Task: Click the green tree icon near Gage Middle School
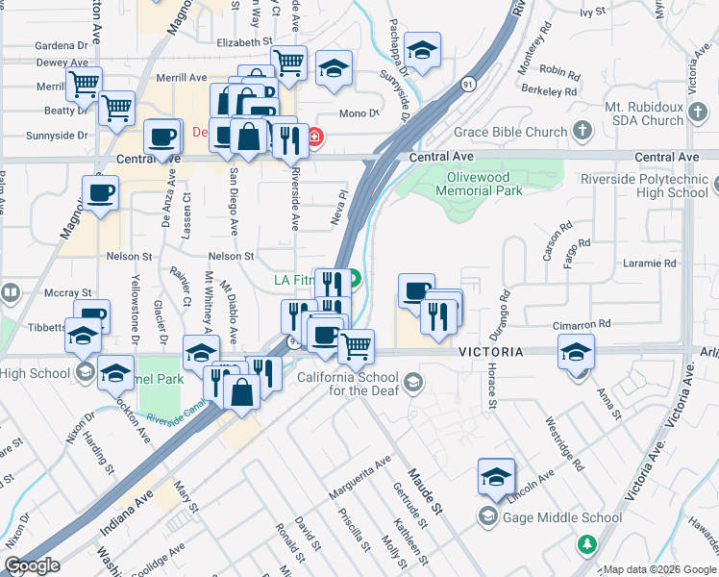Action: (x=586, y=545)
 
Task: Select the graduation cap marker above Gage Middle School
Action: (x=496, y=476)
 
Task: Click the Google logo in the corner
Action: (x=32, y=565)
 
